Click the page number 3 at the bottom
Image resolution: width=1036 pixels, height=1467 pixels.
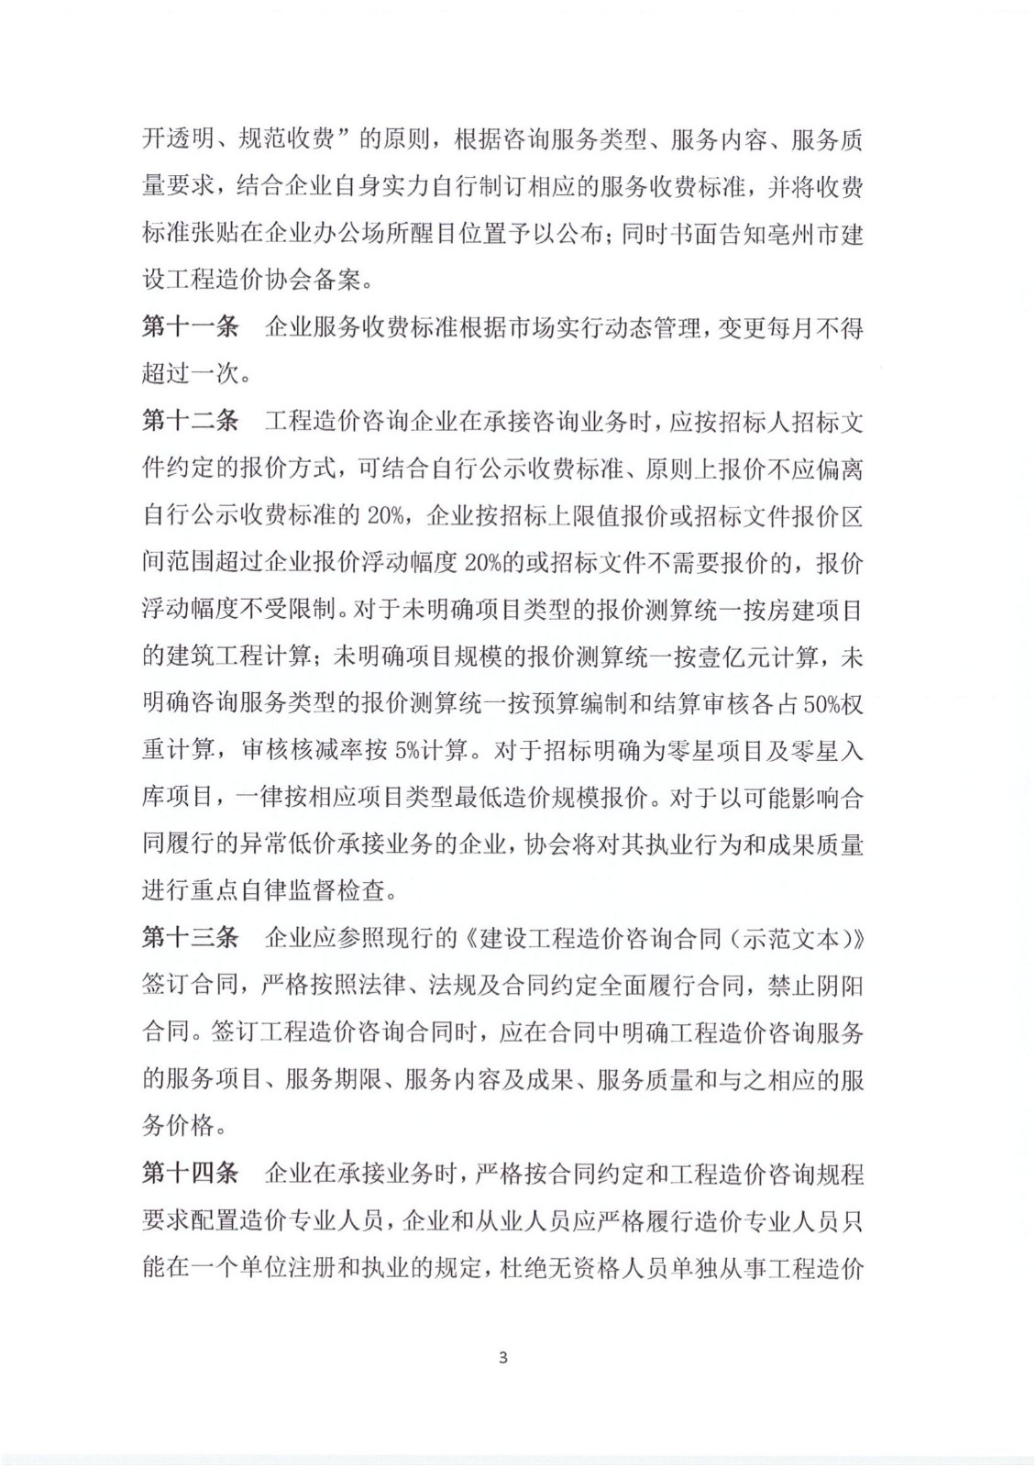(502, 1358)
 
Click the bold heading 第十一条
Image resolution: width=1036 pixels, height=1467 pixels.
(190, 328)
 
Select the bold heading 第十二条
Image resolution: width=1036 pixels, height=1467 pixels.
(190, 422)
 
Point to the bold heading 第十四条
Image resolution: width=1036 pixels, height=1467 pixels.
(190, 1174)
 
